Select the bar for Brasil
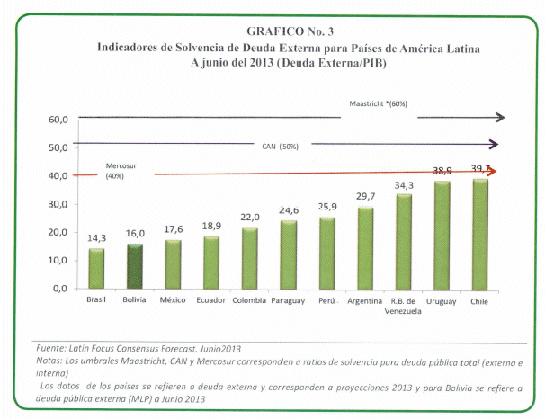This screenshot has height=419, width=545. (95, 268)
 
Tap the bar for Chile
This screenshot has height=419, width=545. (480, 234)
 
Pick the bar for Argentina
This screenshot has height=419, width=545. (365, 247)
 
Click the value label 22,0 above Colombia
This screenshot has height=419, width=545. (249, 218)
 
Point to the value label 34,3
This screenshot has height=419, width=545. (403, 185)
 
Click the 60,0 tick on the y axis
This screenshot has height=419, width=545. (58, 120)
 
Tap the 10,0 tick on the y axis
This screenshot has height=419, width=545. (58, 260)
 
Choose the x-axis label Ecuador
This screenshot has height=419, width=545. (210, 301)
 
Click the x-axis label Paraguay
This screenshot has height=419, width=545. (288, 301)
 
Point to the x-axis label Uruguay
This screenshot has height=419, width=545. (442, 301)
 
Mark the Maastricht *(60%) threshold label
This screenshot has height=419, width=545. (378, 104)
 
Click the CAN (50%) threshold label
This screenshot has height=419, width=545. (279, 147)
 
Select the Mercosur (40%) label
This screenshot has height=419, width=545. (114, 171)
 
